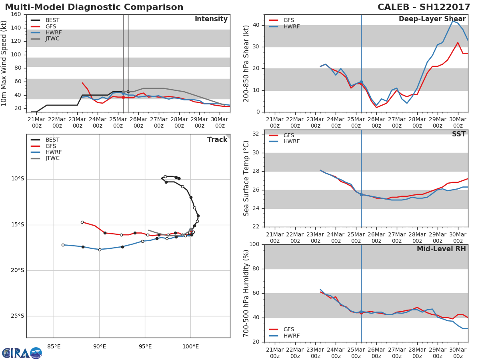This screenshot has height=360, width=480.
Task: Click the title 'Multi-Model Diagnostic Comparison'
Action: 94,7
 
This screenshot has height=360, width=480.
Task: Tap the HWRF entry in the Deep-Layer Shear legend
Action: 291,27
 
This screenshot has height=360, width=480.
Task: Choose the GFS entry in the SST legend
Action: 288,136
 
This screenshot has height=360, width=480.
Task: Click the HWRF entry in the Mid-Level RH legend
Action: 291,336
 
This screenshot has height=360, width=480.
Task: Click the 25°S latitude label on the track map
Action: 17,316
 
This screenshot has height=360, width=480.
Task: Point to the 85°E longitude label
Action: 54,346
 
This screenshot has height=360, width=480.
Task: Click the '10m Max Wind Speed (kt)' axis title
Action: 5,64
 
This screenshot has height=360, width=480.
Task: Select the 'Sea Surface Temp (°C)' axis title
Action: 246,178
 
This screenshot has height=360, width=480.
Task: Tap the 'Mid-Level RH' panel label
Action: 441,249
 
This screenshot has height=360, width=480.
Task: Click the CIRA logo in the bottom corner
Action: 22,353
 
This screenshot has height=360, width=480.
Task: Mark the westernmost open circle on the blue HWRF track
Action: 63,245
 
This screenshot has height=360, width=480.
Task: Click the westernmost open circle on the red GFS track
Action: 82,222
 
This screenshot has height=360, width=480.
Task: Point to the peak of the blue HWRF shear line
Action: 453,20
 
